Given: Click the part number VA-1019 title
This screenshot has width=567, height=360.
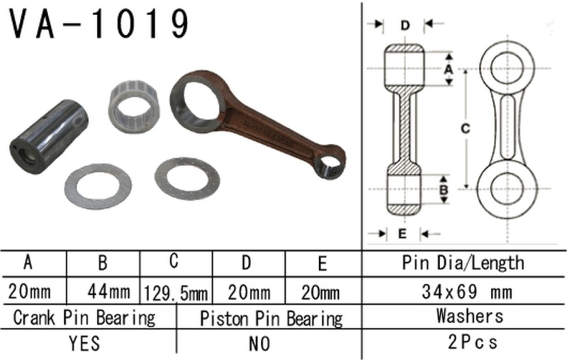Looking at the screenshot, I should tap(99, 24).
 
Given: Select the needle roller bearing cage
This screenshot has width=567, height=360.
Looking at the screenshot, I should tap(134, 105).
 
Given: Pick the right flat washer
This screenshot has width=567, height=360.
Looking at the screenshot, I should tap(187, 178).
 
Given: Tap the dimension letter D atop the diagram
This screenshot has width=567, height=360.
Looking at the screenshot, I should tap(404, 26).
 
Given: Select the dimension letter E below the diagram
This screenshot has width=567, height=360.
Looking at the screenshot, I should tap(403, 232).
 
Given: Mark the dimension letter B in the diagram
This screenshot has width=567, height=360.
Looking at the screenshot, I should tap(444, 190).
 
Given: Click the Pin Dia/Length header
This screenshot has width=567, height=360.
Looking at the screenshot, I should tap(464, 263).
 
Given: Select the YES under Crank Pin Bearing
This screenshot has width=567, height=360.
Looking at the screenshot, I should tap(85, 344).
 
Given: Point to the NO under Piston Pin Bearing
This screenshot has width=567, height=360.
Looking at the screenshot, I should tap(260, 344).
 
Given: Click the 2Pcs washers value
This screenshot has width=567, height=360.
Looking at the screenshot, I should tap(464, 342).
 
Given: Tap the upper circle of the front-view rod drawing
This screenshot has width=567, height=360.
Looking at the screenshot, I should tap(508, 68).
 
